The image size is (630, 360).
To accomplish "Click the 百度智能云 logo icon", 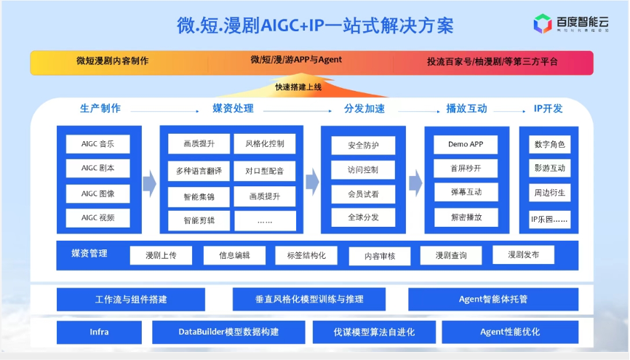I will pyautogui.click(x=543, y=24).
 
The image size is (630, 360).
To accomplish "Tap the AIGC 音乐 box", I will pyautogui.click(x=97, y=144).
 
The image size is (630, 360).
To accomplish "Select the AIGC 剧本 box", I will pyautogui.click(x=97, y=169).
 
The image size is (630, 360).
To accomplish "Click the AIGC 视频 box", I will pyautogui.click(x=97, y=217).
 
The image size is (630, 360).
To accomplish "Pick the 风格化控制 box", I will pyautogui.click(x=265, y=144).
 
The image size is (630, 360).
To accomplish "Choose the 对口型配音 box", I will pyautogui.click(x=265, y=172).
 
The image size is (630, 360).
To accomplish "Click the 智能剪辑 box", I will pyautogui.click(x=198, y=220).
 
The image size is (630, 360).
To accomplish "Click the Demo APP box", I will pyautogui.click(x=466, y=144).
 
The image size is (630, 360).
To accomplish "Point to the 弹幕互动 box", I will pyautogui.click(x=466, y=193).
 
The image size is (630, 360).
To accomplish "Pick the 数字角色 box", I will pyautogui.click(x=549, y=145).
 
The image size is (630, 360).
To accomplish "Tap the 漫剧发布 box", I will pyautogui.click(x=523, y=255).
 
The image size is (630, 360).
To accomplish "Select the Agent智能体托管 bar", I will pyautogui.click(x=493, y=299).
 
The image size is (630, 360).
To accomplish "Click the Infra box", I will pyautogui.click(x=99, y=332).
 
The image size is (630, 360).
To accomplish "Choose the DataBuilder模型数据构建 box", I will pyautogui.click(x=228, y=332).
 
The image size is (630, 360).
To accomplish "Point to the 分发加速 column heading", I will pyautogui.click(x=364, y=109).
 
